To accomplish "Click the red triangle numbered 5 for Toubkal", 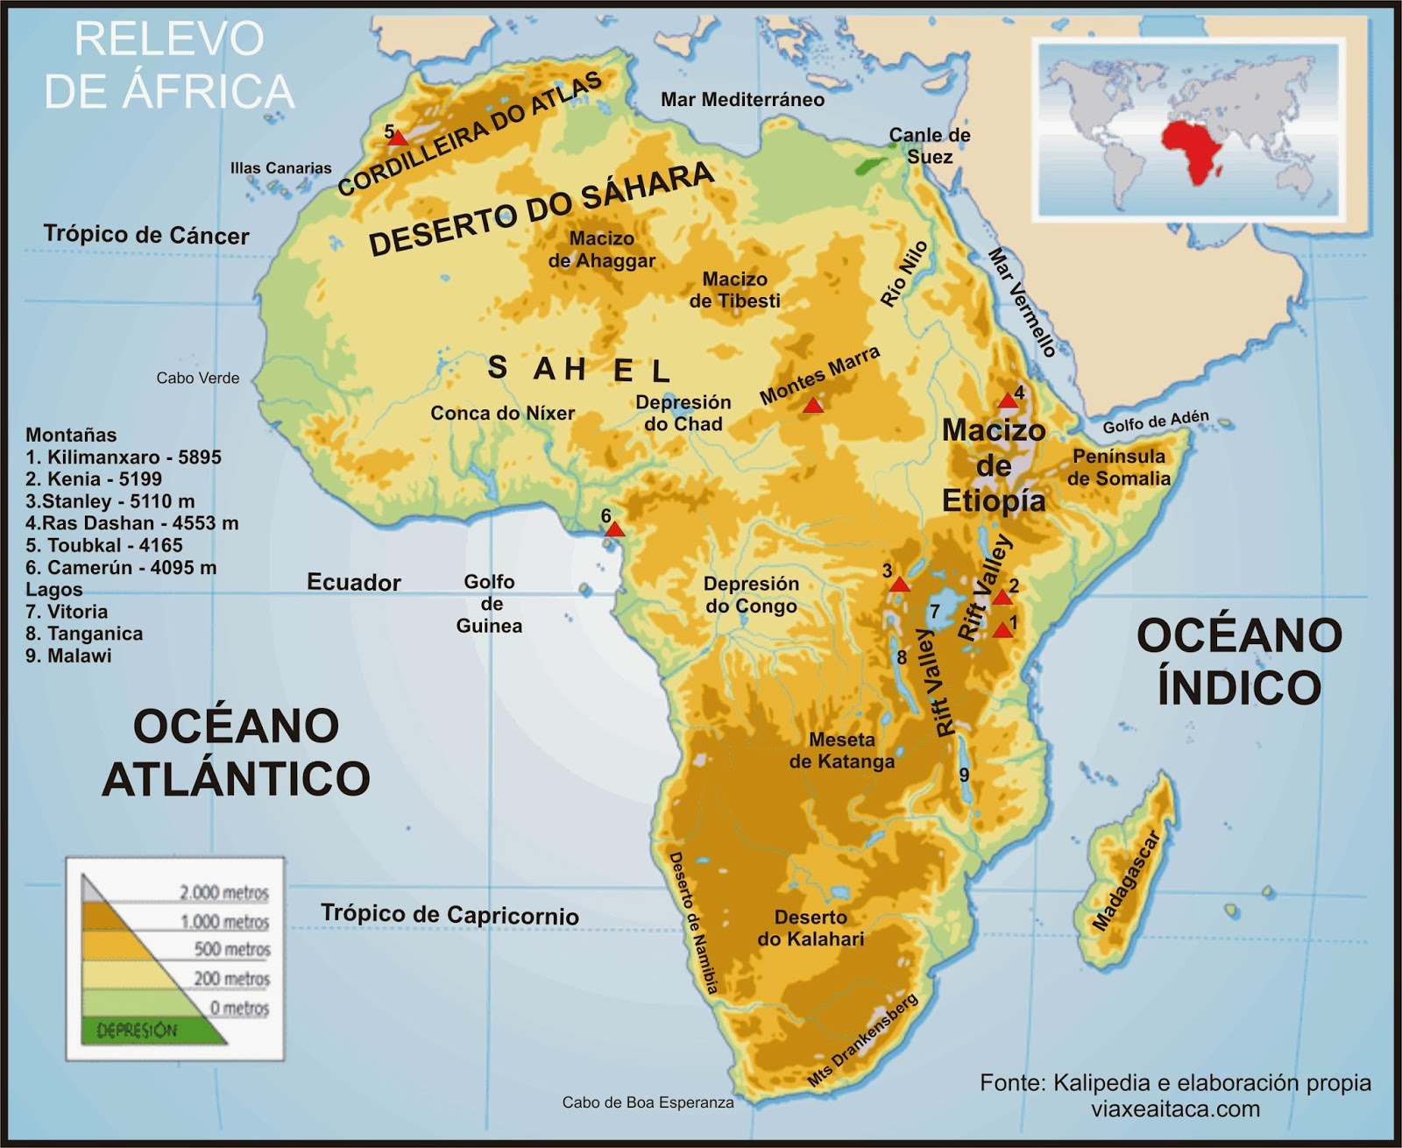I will tap(399, 138).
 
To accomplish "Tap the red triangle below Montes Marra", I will tap(813, 406).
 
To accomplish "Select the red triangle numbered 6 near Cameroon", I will tap(614, 529).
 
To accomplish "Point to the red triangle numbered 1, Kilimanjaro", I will tap(1004, 630).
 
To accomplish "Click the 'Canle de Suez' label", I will tap(929, 145).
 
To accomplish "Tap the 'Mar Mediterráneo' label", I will tap(742, 100).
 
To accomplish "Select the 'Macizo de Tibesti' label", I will tap(734, 290).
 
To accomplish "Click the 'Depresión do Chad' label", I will tap(683, 413).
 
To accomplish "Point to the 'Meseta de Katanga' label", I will tap(841, 750).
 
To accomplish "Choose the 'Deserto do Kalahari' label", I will tap(810, 928).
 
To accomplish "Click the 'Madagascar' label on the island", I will tap(1127, 880).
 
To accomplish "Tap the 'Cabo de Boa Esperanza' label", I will tap(648, 1102).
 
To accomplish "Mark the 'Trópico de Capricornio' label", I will tap(450, 914).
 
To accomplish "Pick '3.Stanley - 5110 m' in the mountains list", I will tap(110, 501).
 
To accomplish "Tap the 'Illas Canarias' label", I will tap(280, 167).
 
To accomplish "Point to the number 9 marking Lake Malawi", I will tap(964, 775).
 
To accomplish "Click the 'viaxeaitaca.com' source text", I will tap(1175, 1109).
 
